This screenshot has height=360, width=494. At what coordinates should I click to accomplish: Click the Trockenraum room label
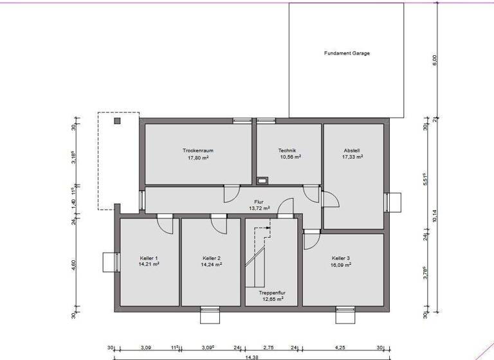[x=198, y=150]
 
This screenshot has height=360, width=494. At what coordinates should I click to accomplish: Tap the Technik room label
[x=287, y=150]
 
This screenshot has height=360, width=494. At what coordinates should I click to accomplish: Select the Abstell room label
[x=352, y=150]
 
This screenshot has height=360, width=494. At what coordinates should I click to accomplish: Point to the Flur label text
[x=259, y=202]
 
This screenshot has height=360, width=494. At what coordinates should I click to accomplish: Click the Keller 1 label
[x=148, y=258]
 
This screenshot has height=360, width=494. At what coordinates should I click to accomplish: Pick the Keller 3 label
[x=342, y=258]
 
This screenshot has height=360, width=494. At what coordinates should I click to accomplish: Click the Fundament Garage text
[x=347, y=53]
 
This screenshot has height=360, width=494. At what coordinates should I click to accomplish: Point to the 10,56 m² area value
[x=290, y=157]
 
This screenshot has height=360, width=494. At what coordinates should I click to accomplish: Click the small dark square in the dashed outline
[x=117, y=120]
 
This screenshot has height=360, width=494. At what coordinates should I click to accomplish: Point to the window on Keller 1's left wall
[x=109, y=262]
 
